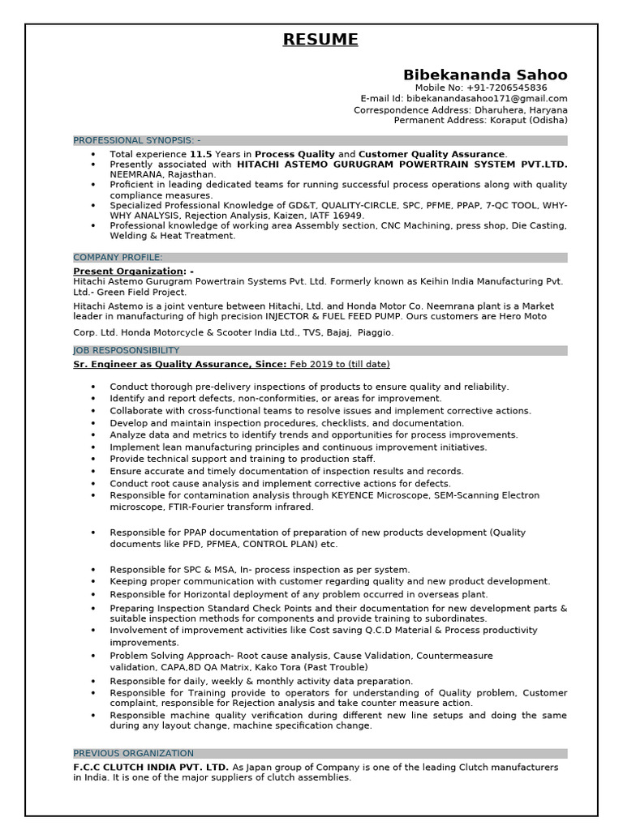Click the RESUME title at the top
point(320,40)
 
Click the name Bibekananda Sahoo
point(485,75)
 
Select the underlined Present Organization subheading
point(129,271)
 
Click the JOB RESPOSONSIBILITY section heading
point(126,350)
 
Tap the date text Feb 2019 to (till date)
point(340,364)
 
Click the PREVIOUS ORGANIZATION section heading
point(133,753)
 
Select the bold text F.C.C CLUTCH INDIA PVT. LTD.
point(151,767)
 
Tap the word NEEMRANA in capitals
point(137,174)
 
